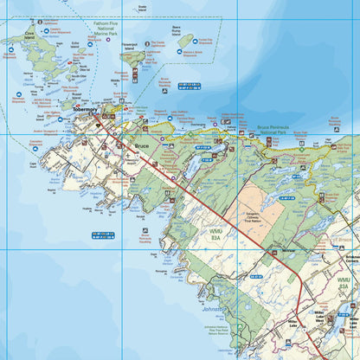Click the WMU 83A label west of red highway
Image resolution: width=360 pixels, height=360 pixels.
(x=215, y=235)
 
